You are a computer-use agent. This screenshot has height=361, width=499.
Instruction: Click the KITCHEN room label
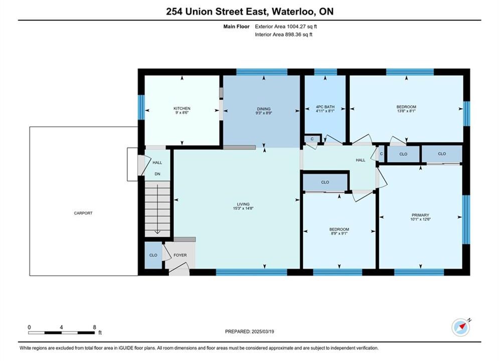click(182, 108)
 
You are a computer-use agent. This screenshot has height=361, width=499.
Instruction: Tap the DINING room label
click(263, 109)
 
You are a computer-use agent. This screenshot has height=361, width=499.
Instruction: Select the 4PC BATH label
click(325, 107)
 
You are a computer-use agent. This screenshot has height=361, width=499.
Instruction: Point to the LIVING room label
click(243, 204)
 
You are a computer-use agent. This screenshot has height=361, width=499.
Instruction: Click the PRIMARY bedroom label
click(420, 215)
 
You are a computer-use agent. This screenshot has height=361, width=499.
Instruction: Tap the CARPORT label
click(83, 213)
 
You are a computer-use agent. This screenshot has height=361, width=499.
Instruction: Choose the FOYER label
click(180, 255)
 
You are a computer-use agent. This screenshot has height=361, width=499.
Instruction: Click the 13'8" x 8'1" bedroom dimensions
click(406, 111)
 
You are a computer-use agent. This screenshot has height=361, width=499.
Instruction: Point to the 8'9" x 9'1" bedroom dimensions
click(339, 233)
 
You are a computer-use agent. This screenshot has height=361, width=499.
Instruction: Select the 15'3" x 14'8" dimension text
click(243, 209)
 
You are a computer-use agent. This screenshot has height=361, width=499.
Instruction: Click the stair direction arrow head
click(157, 233)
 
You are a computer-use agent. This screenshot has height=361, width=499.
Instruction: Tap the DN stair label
click(157, 174)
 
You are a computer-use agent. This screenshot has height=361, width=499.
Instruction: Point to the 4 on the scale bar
click(61, 327)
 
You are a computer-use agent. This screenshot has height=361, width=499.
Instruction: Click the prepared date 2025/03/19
click(263, 331)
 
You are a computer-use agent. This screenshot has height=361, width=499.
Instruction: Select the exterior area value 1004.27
click(296, 27)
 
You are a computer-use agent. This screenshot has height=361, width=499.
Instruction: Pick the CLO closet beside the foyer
click(153, 255)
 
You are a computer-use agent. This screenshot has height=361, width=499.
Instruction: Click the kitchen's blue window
click(141, 107)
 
